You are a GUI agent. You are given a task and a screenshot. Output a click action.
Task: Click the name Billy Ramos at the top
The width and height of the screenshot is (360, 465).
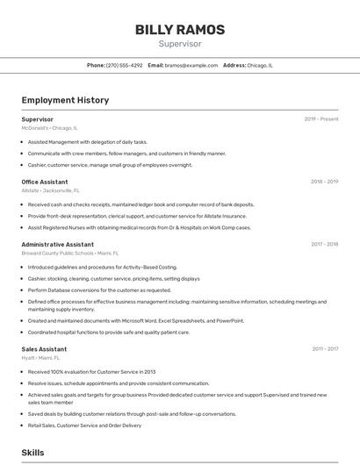[x=179, y=29]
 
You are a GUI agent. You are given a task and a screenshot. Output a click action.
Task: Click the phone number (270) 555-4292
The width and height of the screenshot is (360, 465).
[x=124, y=65]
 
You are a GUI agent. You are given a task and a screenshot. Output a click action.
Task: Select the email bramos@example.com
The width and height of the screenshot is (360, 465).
[x=191, y=65]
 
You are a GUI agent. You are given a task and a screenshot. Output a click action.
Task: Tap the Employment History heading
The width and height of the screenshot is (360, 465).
[x=65, y=100]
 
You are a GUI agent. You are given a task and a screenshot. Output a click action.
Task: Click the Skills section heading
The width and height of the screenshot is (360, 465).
[x=33, y=452]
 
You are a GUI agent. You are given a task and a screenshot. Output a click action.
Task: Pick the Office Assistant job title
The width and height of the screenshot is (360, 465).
[x=45, y=182]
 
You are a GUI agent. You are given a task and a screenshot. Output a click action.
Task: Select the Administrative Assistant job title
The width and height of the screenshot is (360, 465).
[x=58, y=244]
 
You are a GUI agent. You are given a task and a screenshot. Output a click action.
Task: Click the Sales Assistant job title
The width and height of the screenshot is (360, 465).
[x=44, y=349]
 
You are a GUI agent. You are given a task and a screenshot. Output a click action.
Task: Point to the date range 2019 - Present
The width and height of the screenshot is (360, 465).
[x=321, y=118]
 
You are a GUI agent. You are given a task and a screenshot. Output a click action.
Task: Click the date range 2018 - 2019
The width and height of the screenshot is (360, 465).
[x=324, y=182]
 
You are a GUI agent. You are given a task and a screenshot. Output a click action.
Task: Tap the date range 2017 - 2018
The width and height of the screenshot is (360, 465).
[x=324, y=244]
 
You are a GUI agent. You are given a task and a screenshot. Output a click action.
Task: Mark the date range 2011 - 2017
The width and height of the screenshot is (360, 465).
[x=325, y=349]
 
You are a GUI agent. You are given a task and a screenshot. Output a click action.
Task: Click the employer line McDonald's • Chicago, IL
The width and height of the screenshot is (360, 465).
[x=49, y=127]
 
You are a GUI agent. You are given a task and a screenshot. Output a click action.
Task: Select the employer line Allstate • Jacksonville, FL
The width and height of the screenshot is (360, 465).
[x=50, y=190]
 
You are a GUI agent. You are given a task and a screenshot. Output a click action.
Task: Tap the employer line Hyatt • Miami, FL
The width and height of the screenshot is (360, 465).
[x=40, y=357]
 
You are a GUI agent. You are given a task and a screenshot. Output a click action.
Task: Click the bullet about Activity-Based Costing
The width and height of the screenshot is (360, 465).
[x=102, y=267]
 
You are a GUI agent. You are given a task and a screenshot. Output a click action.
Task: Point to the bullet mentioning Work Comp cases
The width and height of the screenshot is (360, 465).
[x=139, y=227]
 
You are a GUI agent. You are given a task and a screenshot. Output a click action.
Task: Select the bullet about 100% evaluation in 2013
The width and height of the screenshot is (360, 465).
[x=91, y=371]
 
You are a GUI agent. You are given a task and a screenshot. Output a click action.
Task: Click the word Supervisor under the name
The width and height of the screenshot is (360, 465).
[x=179, y=43]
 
